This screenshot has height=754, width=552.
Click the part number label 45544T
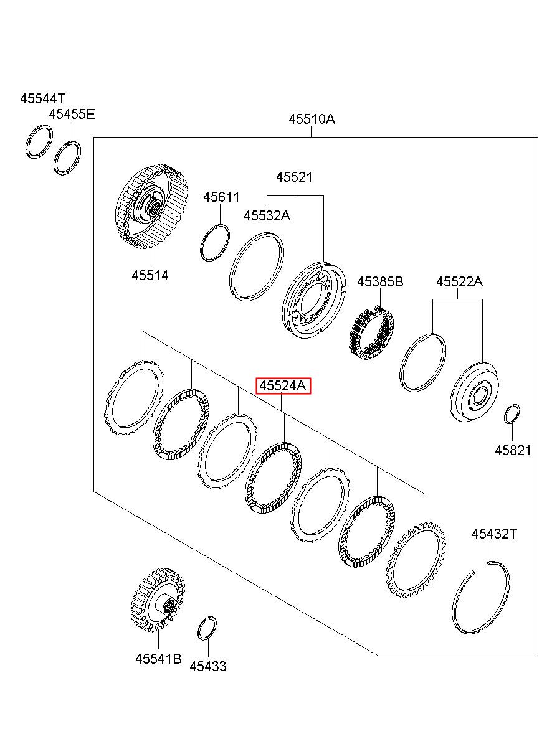pos(42,98)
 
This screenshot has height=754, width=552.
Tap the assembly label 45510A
pos(312,119)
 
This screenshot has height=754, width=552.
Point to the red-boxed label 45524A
pos(283,386)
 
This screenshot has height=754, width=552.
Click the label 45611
pos(221,197)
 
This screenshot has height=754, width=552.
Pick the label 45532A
pos(267,215)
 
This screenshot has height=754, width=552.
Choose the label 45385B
pos(380,282)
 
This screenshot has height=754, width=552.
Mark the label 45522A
pos(459,282)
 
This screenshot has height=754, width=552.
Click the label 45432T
pos(494,534)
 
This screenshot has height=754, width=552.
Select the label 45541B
pos(158,659)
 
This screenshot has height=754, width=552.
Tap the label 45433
pos(208,666)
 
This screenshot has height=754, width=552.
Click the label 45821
pos(513,450)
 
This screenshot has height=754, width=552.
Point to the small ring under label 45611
pos(215,243)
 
